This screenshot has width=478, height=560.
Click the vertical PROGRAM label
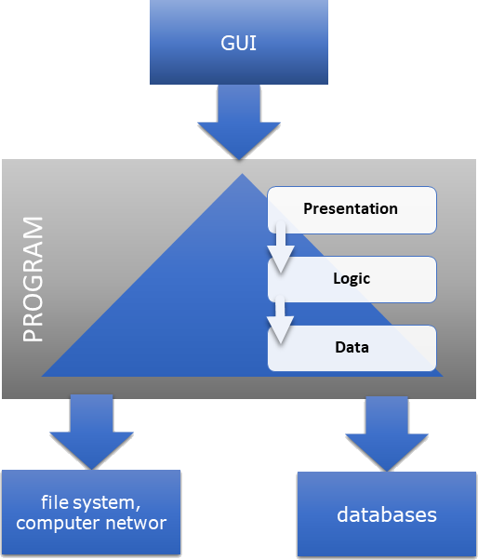point(33,280)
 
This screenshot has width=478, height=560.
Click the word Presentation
point(351,208)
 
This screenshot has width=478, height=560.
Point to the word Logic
point(352,277)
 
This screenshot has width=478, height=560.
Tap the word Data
point(352,347)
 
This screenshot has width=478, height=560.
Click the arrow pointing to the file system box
point(90,431)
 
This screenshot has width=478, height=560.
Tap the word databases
point(386,513)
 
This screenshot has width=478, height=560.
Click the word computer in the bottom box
point(59,523)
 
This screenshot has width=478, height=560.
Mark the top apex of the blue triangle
point(241,174)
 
